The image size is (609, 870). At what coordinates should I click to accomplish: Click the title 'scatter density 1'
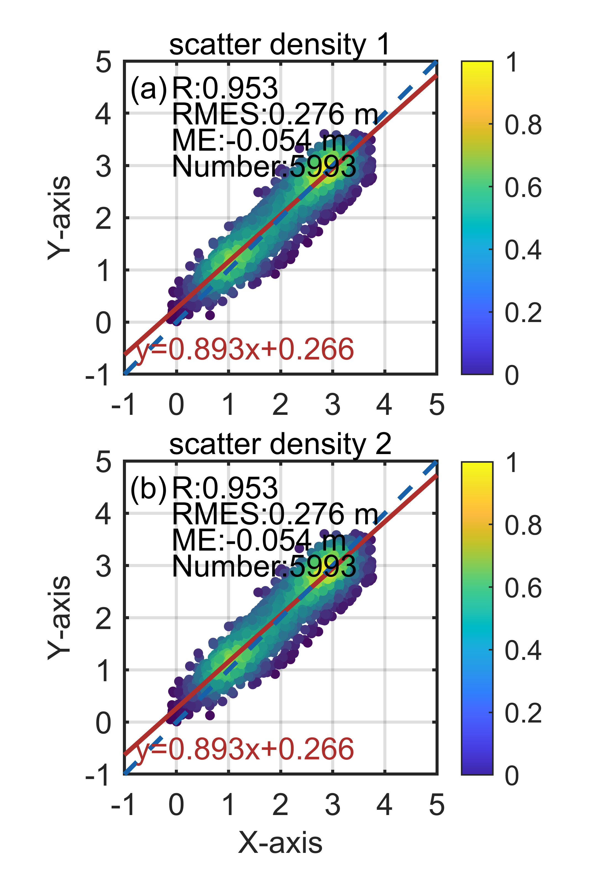click(x=279, y=45)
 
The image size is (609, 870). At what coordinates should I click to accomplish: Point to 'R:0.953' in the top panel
click(x=225, y=88)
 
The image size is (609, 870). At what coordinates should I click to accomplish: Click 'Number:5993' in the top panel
click(x=264, y=167)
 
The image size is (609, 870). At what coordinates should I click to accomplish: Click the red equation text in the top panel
click(x=245, y=349)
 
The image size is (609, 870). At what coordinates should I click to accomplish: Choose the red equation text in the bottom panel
click(x=245, y=749)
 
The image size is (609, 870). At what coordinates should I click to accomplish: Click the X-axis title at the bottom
click(x=280, y=843)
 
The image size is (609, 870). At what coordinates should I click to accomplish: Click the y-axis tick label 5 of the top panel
click(x=103, y=62)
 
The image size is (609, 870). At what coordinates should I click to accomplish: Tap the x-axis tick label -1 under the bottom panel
click(x=123, y=805)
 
